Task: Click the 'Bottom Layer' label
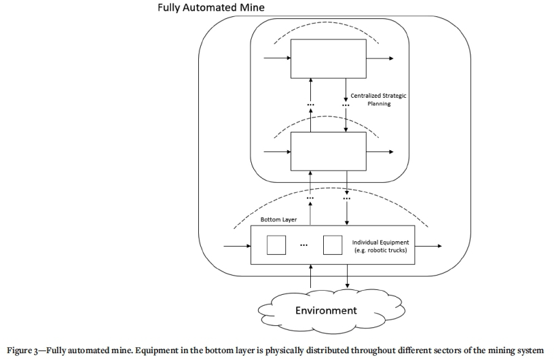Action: pos(278,220)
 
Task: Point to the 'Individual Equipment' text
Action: pos(380,242)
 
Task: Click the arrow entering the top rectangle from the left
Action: pos(276,58)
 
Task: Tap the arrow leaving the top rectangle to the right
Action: pos(380,58)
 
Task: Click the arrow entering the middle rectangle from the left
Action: pos(276,151)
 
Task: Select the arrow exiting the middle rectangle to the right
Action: pos(380,151)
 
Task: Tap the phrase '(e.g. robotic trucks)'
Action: pos(380,251)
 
